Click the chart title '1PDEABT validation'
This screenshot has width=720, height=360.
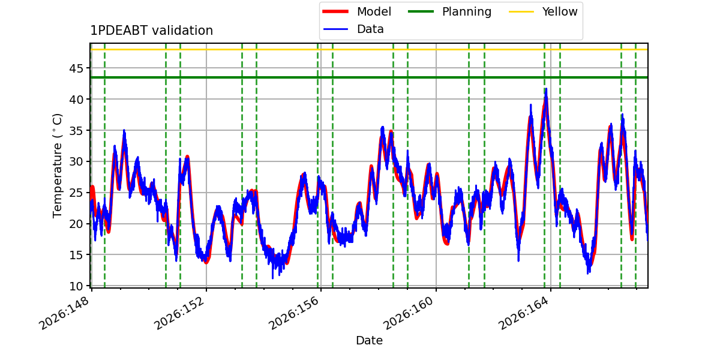[151, 31]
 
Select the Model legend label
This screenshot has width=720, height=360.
[374, 11]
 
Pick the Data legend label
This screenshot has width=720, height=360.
[370, 29]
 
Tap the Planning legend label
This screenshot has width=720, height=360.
[467, 11]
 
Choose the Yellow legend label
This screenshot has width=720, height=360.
[560, 11]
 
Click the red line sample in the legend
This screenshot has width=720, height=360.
[335, 11]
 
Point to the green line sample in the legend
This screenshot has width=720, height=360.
[421, 11]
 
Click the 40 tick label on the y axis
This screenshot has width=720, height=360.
[76, 100]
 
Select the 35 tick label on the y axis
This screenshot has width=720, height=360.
[76, 131]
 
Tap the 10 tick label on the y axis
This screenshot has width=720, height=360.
[76, 286]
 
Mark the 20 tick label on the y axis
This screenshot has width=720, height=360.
[76, 224]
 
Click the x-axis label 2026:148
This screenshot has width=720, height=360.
[64, 313]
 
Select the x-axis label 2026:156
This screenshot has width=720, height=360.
[294, 313]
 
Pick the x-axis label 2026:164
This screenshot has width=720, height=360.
[523, 313]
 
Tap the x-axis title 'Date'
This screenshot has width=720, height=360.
[369, 340]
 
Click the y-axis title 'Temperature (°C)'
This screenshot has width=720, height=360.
[57, 166]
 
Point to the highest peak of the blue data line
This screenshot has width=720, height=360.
[546, 89]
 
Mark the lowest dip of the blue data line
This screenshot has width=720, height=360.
[272, 278]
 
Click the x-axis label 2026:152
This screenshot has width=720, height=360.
[179, 313]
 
